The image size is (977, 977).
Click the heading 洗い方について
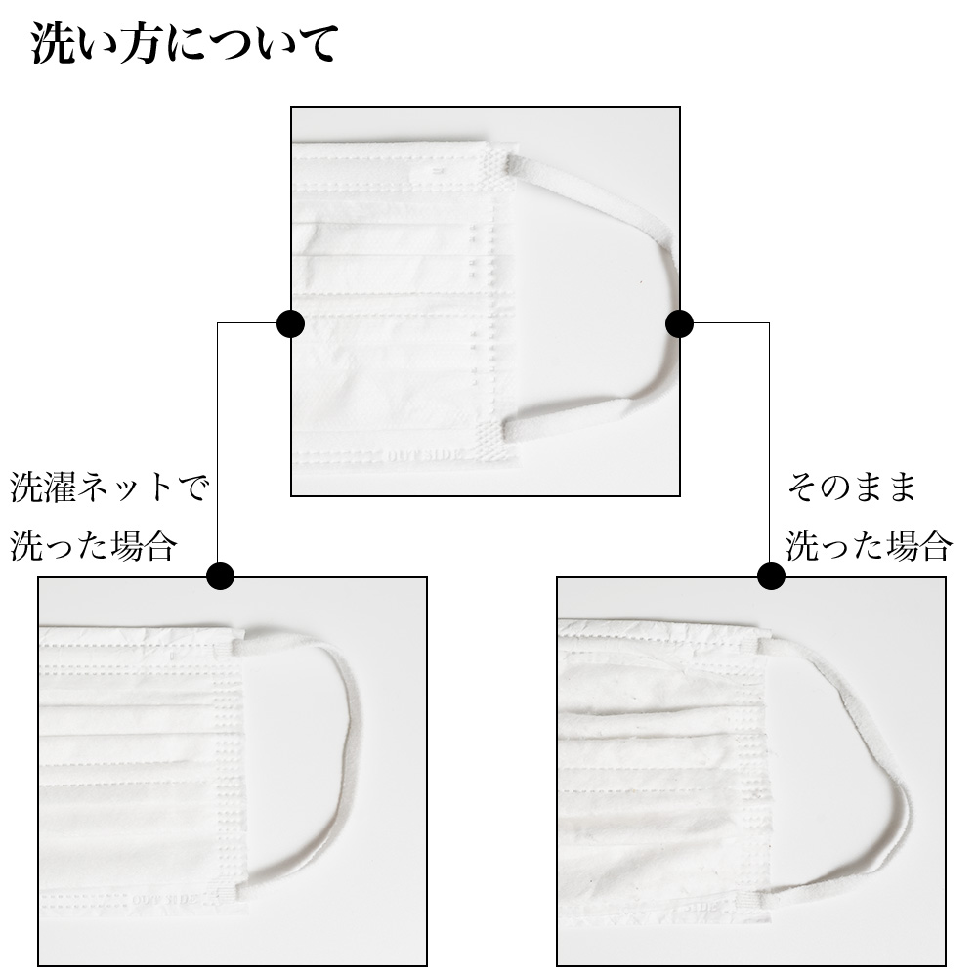coord(185,44)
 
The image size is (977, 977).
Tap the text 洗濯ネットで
coord(109,487)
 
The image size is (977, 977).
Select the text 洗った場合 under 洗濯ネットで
coord(94,546)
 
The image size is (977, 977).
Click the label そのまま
coord(852,487)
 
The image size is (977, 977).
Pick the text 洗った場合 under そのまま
coord(870,546)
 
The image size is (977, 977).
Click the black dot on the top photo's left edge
coord(290,324)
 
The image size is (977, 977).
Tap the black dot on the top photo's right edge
coord(679,324)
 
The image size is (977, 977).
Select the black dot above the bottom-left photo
coord(220,575)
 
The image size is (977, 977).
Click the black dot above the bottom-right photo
coord(772,575)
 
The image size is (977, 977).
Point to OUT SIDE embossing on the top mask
coord(426,455)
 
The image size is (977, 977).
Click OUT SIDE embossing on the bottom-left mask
coord(165,899)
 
